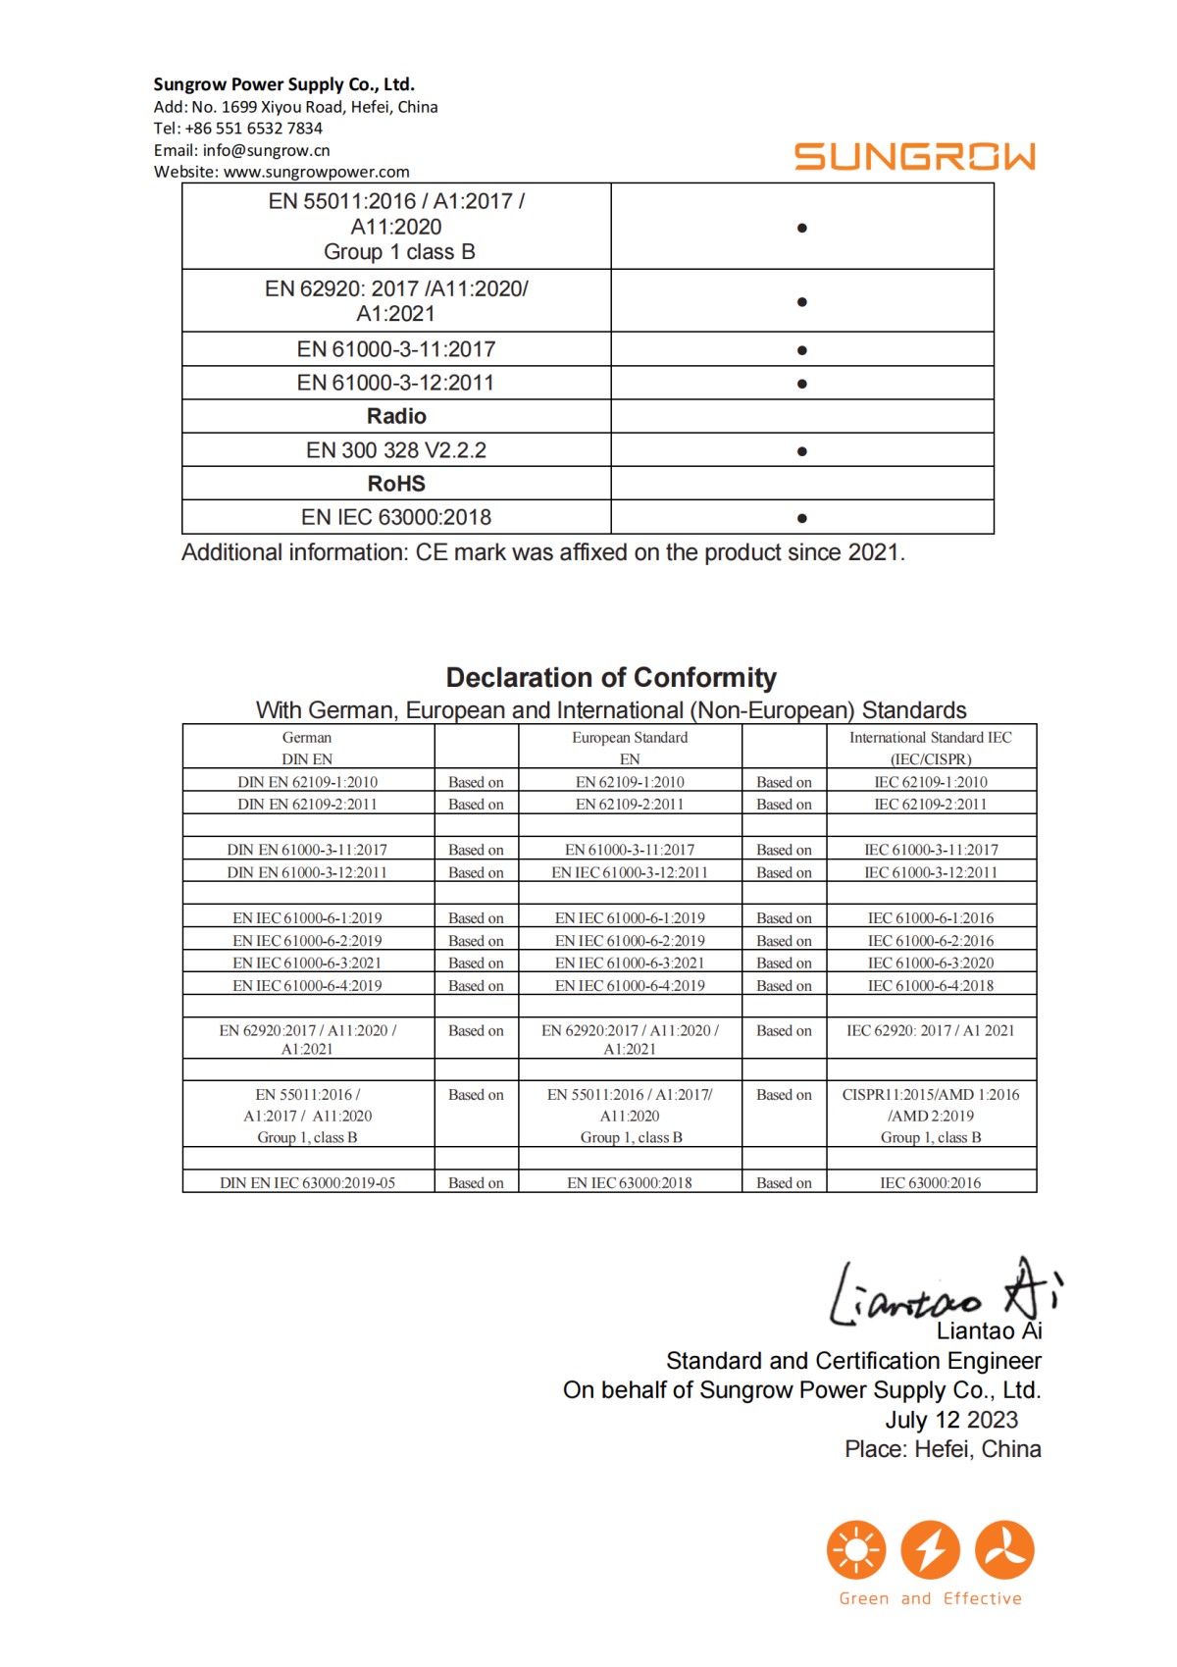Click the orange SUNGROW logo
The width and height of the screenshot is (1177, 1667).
click(914, 157)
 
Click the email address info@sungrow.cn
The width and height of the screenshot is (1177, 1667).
click(266, 150)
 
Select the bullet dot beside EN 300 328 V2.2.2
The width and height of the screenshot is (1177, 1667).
click(802, 451)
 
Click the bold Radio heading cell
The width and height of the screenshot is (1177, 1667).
click(396, 416)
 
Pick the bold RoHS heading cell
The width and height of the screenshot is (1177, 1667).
click(396, 484)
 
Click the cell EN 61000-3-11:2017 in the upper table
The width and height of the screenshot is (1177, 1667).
click(396, 349)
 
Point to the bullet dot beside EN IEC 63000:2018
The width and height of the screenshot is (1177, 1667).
click(802, 518)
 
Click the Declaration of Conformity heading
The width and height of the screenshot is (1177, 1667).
click(610, 678)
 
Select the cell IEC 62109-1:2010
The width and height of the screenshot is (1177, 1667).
click(930, 782)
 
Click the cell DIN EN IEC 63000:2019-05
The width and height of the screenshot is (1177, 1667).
click(307, 1183)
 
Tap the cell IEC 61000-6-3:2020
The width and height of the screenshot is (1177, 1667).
click(930, 964)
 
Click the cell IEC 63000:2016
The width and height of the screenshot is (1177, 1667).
click(930, 1183)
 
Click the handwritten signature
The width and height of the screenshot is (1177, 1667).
click(942, 1293)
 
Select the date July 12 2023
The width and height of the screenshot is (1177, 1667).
click(951, 1420)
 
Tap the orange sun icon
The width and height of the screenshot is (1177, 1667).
click(856, 1550)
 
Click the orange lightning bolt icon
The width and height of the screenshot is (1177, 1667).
click(930, 1550)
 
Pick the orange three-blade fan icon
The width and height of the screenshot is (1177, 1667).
click(1004, 1550)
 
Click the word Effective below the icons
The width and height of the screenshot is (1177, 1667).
click(982, 1599)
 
